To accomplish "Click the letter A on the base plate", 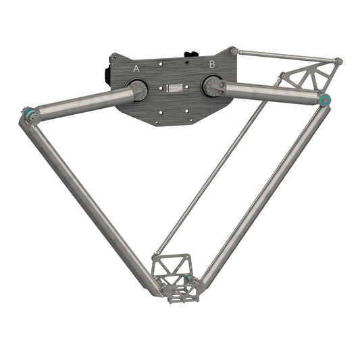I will (x=136, y=68).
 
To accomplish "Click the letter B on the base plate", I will (x=211, y=64).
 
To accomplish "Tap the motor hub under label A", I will (x=138, y=90).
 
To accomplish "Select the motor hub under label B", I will (x=213, y=86).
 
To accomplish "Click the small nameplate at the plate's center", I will (x=175, y=88).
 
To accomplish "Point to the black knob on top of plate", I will (x=192, y=53).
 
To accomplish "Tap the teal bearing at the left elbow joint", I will (x=28, y=115).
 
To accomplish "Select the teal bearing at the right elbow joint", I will (x=325, y=101).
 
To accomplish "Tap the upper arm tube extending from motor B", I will (x=270, y=93).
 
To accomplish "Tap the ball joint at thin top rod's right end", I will (x=338, y=61).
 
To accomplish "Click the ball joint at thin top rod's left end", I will (x=234, y=51).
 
